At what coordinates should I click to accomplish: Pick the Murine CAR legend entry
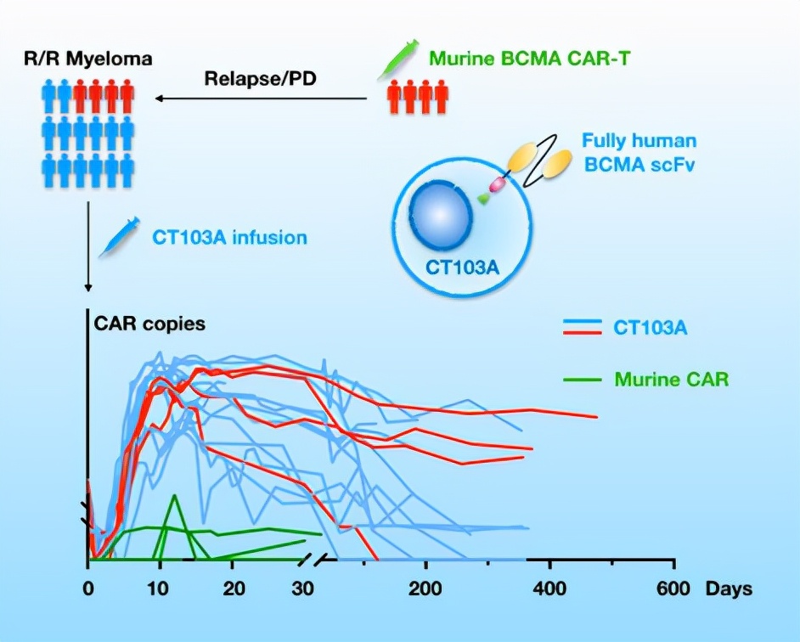(x=671, y=379)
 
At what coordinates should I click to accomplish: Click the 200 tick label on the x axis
(x=424, y=589)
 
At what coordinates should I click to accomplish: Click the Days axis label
(x=731, y=589)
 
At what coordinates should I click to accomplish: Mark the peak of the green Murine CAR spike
(x=175, y=495)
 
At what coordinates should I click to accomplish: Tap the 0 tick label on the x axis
(x=87, y=589)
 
